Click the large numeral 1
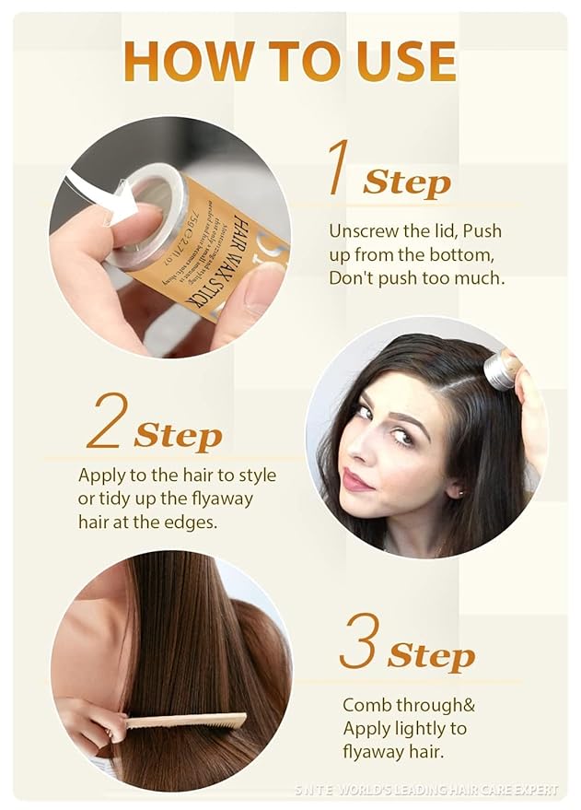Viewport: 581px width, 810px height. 337,170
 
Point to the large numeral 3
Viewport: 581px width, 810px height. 358,641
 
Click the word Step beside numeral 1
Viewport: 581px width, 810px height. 406,182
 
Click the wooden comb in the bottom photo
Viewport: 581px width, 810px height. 184,721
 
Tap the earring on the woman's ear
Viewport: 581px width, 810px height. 457,493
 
